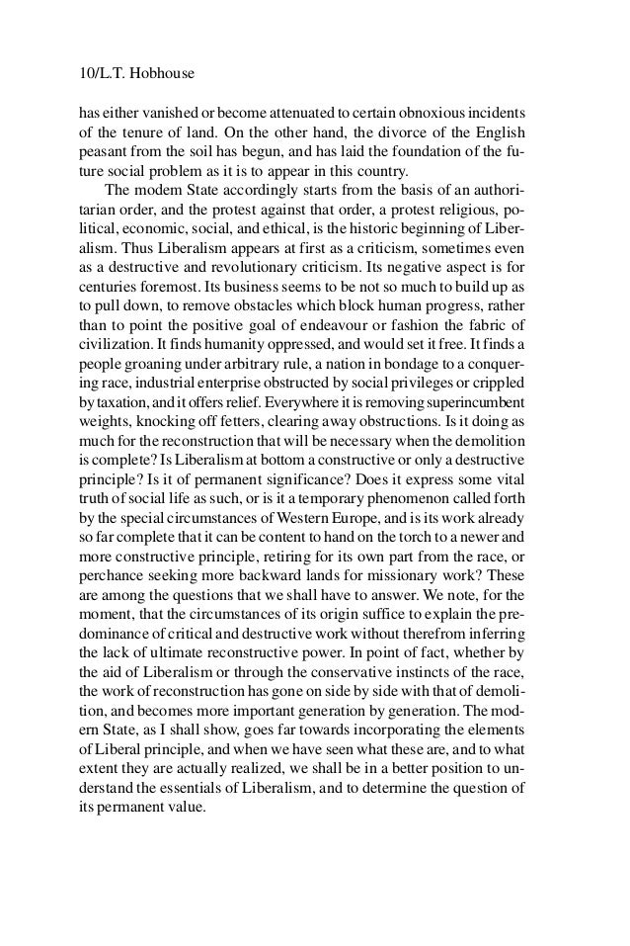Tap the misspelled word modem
pos(158,189)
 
